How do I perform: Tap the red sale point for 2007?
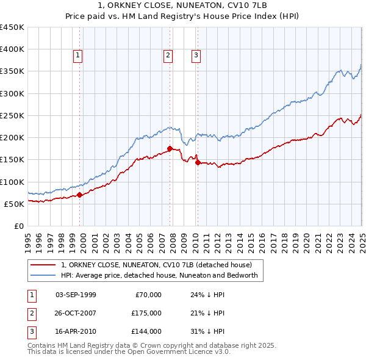pyautogui.click(x=170, y=148)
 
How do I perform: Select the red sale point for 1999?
pyautogui.click(x=79, y=195)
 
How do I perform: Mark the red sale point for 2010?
pyautogui.click(x=198, y=162)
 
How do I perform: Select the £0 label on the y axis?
pyautogui.click(x=18, y=226)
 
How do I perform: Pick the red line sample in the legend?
pyautogui.click(x=43, y=265)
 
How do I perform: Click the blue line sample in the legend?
pyautogui.click(x=43, y=275)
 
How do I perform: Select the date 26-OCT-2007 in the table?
pyautogui.click(x=76, y=313)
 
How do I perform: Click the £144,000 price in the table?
pyautogui.click(x=147, y=331)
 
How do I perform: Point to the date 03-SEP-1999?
pyautogui.click(x=76, y=295)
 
